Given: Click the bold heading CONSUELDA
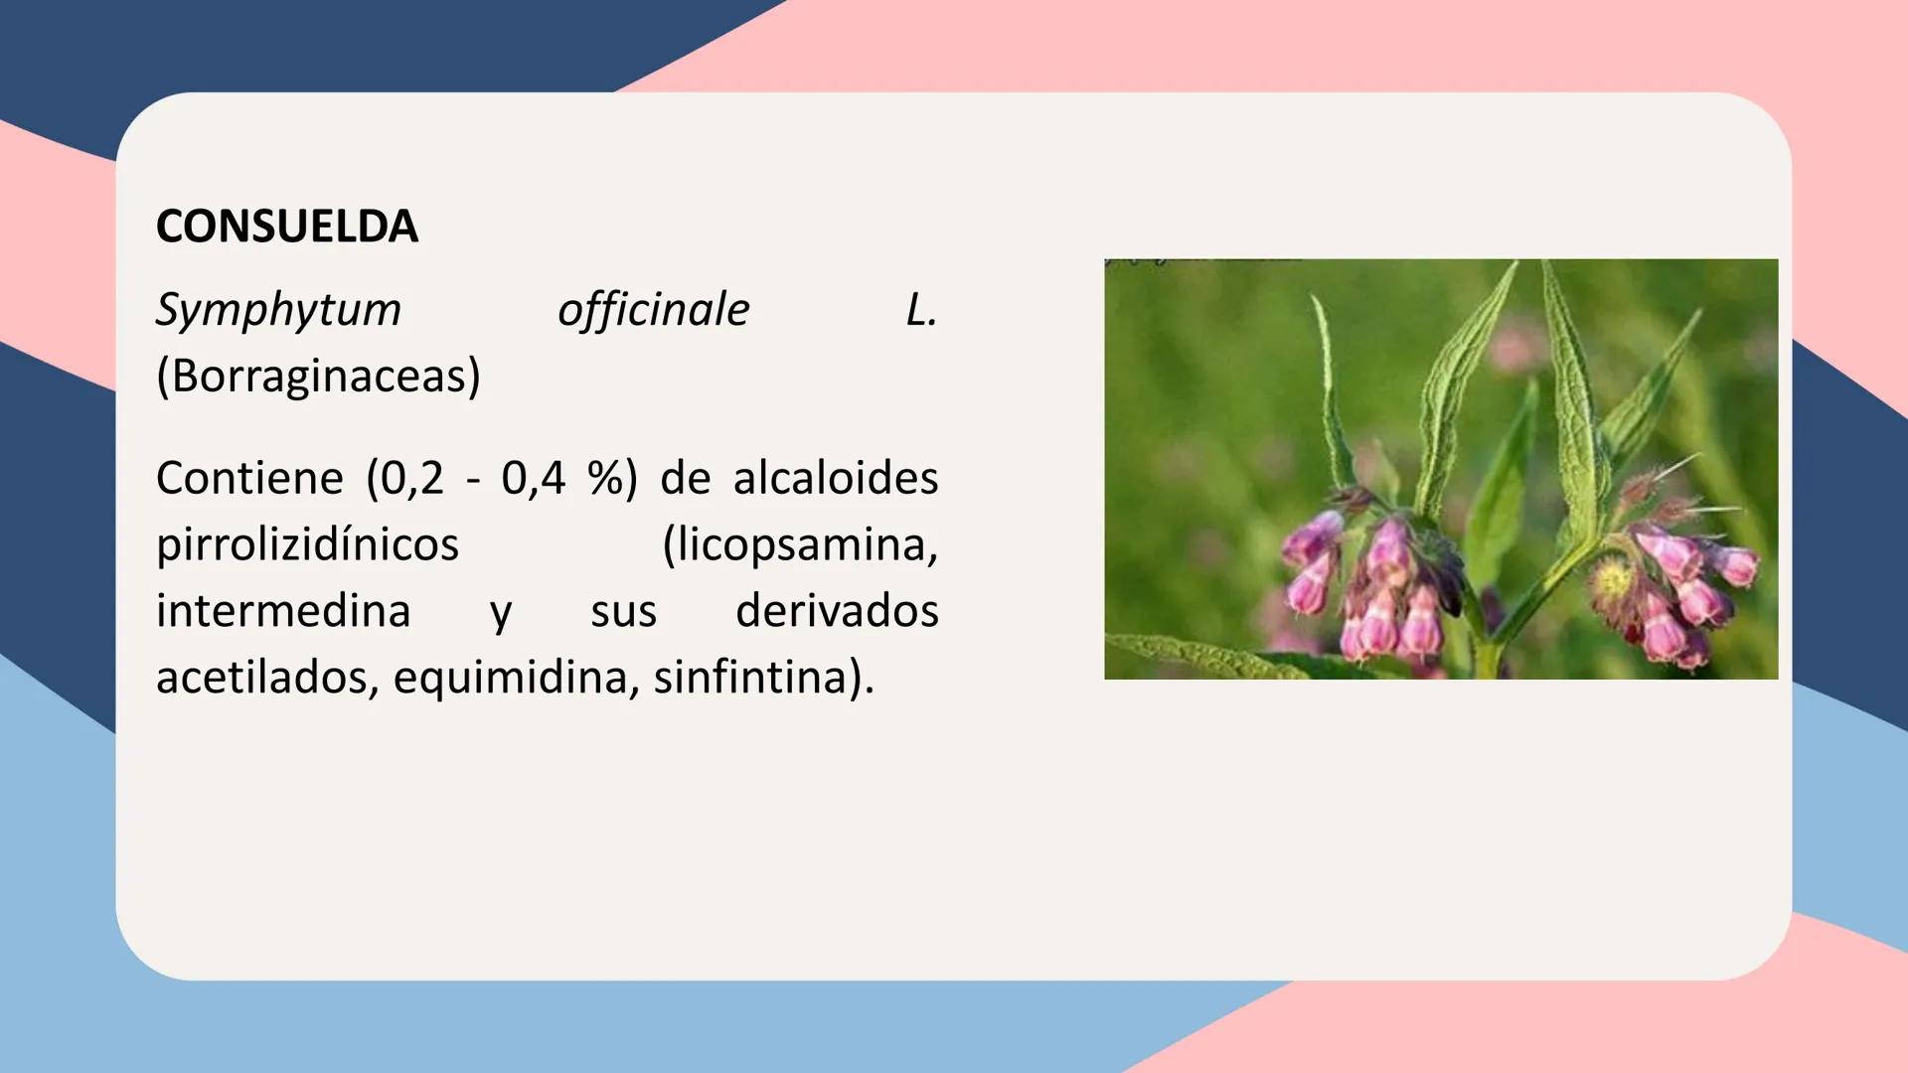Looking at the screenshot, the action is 287,227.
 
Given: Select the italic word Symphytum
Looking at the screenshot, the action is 278,310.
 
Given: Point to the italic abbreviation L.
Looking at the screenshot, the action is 921,310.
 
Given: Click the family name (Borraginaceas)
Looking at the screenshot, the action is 318,377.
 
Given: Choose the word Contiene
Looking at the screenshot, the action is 249,478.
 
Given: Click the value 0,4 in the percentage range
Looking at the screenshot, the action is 534,479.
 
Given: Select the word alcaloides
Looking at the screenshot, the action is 836,478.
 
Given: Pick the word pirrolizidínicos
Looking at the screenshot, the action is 308,545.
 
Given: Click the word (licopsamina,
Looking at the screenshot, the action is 800,545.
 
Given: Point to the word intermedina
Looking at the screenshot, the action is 283,610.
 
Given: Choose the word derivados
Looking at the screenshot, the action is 837,610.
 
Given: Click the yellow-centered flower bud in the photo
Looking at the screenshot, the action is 1612,579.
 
